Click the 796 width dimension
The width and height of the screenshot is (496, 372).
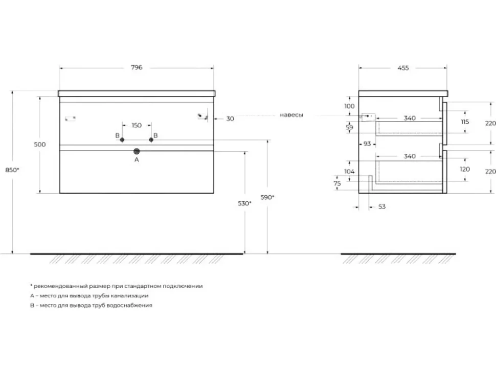pos(137,67)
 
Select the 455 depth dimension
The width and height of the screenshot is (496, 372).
pos(403,67)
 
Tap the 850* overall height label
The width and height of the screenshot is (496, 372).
pos(12,170)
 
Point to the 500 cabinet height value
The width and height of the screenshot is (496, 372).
pos(40,145)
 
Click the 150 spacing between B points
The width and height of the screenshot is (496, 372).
pos(137,125)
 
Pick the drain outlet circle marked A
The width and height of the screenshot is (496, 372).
pos(137,151)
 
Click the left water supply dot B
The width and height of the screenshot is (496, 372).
pos(122,139)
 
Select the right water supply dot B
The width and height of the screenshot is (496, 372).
pos(151,139)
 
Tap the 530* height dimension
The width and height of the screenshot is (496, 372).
pos(244,203)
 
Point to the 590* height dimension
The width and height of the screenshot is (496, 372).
pos(267,197)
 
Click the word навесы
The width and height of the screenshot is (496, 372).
pos(291,115)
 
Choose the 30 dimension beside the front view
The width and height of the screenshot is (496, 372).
pos(230,119)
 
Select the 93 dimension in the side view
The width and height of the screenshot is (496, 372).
pos(367,144)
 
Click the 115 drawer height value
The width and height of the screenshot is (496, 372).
pos(465,122)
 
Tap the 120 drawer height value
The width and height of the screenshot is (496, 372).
pos(465,169)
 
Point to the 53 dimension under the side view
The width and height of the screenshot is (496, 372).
pos(382,206)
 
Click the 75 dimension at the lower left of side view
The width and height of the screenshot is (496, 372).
pos(337,183)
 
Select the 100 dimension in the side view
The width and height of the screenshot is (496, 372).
pos(349,106)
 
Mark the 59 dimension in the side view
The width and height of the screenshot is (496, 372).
pos(349,127)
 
